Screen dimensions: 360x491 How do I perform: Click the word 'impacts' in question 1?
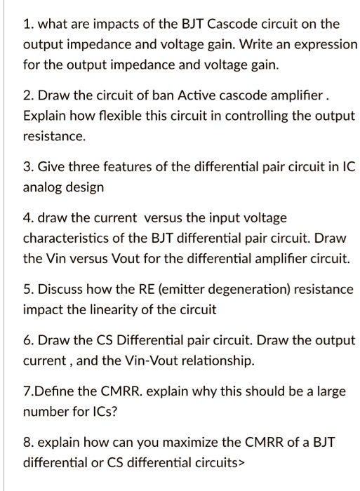95,24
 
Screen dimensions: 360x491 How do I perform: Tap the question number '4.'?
29,219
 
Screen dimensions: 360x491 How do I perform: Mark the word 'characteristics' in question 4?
65,239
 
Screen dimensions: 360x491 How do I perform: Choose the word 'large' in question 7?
331,392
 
